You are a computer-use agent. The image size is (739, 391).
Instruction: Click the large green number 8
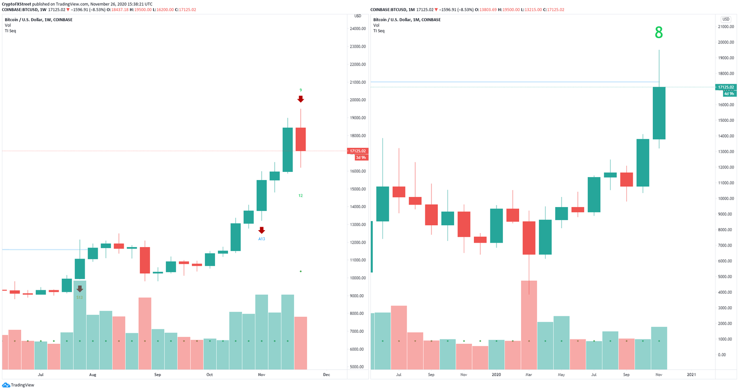(x=659, y=33)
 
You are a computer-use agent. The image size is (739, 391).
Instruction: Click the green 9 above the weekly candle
(x=301, y=90)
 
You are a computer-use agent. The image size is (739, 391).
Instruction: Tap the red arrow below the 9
(x=300, y=99)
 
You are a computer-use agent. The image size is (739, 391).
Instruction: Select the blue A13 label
(x=261, y=239)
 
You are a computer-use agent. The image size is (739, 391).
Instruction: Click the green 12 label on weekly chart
(x=300, y=195)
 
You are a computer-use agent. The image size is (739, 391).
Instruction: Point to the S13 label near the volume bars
(x=79, y=298)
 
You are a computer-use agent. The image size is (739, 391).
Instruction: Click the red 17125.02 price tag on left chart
(x=358, y=151)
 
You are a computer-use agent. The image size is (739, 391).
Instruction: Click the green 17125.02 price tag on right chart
(x=726, y=87)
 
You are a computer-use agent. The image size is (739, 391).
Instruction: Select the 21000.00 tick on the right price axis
(x=726, y=26)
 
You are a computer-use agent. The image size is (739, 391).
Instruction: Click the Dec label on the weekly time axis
(x=326, y=374)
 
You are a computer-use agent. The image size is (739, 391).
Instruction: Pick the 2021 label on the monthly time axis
(x=691, y=374)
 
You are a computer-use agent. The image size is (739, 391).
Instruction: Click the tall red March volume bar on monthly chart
(x=529, y=325)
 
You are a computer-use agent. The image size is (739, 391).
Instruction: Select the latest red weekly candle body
(x=300, y=139)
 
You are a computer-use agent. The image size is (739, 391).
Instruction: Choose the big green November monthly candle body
(x=659, y=113)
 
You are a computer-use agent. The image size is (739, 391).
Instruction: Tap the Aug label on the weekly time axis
(x=93, y=374)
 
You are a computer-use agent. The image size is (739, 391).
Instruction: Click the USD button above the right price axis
(x=726, y=19)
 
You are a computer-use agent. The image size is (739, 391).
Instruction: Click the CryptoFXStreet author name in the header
(x=20, y=4)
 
